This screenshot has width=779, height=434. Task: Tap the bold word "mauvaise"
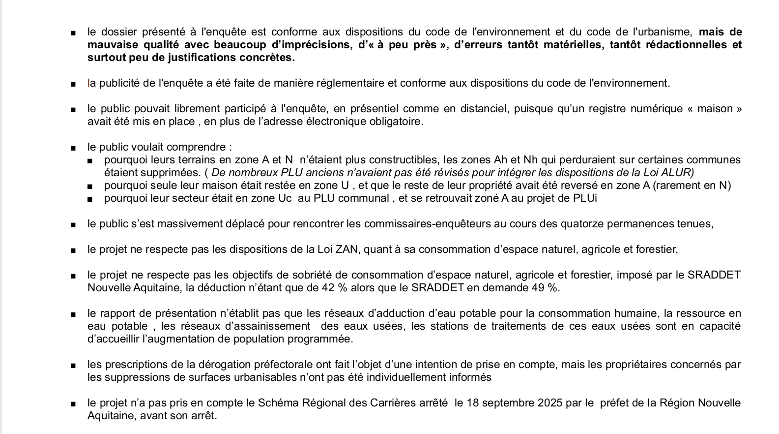click(109, 45)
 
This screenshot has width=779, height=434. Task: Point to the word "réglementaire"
click(351, 83)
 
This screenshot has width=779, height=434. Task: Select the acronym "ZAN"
click(346, 249)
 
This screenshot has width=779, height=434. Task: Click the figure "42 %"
click(334, 288)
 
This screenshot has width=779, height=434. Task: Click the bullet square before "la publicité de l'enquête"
click(73, 84)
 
